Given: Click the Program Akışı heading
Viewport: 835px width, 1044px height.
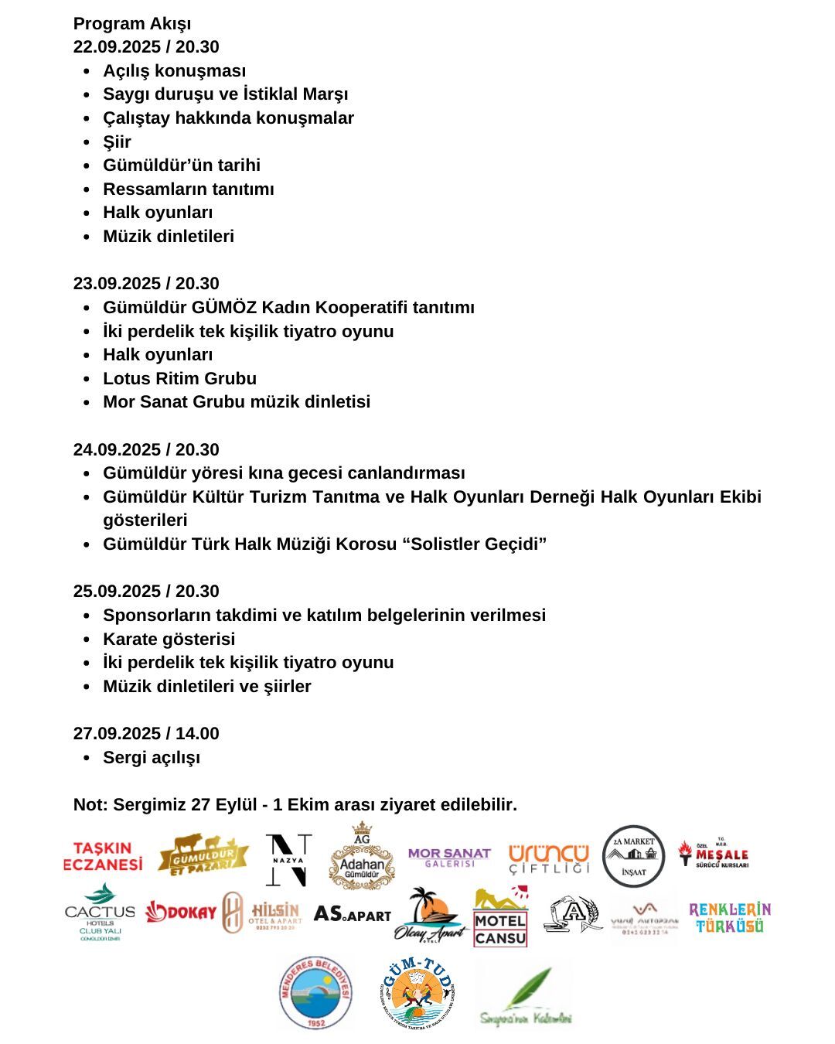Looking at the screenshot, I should click(132, 23).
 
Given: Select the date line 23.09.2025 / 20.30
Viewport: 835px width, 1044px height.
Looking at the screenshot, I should click(146, 283).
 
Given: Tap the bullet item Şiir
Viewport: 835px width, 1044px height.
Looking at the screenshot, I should click(118, 142).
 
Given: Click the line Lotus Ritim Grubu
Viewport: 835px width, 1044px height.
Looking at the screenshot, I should click(179, 378).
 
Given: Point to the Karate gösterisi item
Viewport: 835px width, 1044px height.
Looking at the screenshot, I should click(169, 639).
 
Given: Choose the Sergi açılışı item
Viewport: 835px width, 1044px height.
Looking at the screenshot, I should click(152, 757).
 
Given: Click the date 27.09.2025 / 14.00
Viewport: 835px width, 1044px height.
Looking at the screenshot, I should click(146, 733).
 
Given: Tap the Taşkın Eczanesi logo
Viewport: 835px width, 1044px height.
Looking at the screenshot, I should click(103, 856).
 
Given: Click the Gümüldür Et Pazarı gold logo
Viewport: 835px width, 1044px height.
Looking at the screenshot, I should click(203, 855).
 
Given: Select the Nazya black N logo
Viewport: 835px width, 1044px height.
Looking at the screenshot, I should click(288, 860).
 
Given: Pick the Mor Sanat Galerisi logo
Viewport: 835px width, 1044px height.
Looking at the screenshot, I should click(449, 857).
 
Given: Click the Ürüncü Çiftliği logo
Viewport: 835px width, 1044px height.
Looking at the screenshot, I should click(549, 858).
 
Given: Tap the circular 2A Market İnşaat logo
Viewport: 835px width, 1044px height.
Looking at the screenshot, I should click(633, 856).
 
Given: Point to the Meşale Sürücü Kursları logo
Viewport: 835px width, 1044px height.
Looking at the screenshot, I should click(714, 855).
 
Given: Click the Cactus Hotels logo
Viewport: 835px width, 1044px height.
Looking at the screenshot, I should click(100, 913).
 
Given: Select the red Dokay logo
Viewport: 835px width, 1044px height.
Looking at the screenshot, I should click(181, 913).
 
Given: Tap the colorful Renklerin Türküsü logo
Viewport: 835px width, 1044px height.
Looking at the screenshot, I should click(729, 917).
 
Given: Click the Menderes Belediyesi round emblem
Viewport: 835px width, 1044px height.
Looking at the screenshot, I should click(315, 993).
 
